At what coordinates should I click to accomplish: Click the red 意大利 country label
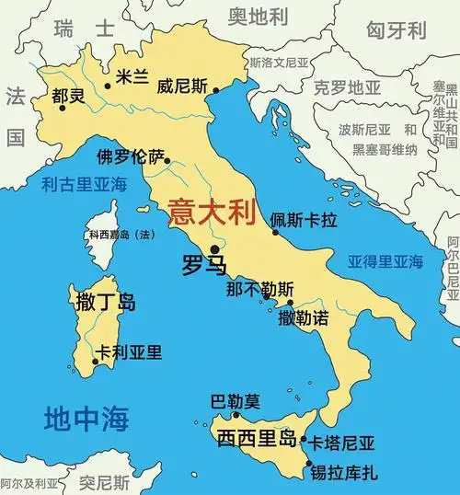(x=210, y=213)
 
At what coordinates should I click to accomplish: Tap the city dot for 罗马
(x=214, y=248)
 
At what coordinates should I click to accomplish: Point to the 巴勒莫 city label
(x=236, y=401)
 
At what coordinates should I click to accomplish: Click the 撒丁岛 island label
(x=104, y=301)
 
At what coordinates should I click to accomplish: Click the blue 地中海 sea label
(x=85, y=420)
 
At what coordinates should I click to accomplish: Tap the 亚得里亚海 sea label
(x=385, y=261)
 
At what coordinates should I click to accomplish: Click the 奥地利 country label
(x=261, y=16)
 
